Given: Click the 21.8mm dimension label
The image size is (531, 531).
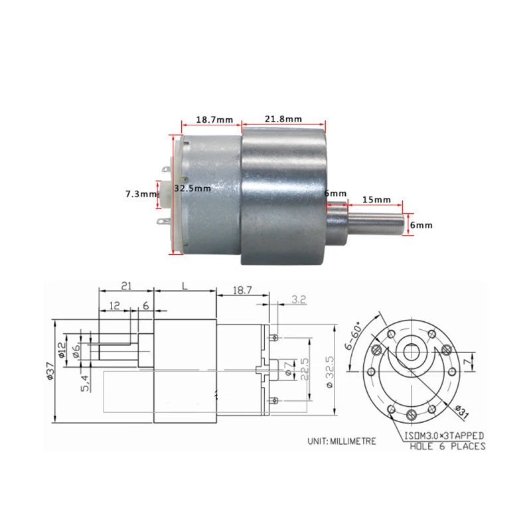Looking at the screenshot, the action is [283, 119].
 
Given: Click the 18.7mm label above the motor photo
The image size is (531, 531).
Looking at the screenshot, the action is [214, 120].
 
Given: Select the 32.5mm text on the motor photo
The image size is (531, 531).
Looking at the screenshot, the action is [192, 189].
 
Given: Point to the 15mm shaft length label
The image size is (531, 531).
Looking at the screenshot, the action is [376, 199].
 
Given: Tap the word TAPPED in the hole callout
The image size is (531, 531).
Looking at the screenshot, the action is [464, 435].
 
